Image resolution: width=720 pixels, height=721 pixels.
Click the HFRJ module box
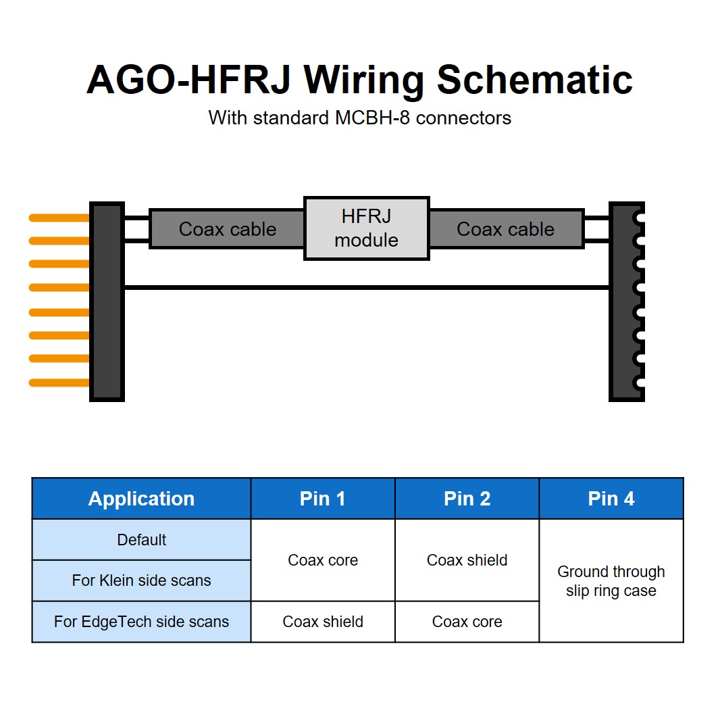point(366,228)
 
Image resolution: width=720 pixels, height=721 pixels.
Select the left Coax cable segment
point(227,228)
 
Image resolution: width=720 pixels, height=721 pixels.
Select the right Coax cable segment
point(507,228)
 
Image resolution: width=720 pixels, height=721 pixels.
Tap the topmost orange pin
point(59,218)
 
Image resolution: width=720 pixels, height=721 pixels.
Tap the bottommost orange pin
point(59,382)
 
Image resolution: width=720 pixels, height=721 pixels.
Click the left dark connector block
point(107,301)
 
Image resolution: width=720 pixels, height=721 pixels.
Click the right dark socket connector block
point(627,301)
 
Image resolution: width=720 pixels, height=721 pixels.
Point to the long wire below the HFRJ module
point(367,287)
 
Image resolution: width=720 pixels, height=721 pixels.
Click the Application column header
point(142,499)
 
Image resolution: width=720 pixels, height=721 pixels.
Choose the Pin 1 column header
point(323,499)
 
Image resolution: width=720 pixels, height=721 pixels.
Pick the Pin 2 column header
point(467,499)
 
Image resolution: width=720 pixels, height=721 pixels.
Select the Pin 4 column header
point(611,499)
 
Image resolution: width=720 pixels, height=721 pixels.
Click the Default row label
point(142,539)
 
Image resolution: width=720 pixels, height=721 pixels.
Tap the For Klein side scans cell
point(142,580)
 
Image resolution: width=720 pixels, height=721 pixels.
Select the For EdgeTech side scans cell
point(142,622)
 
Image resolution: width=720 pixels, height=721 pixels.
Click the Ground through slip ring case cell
point(611,580)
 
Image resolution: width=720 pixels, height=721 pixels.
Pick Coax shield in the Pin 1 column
point(323,622)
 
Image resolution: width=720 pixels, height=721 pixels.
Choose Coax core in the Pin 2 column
point(467,622)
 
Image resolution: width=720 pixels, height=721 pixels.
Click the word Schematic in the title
point(535,80)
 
